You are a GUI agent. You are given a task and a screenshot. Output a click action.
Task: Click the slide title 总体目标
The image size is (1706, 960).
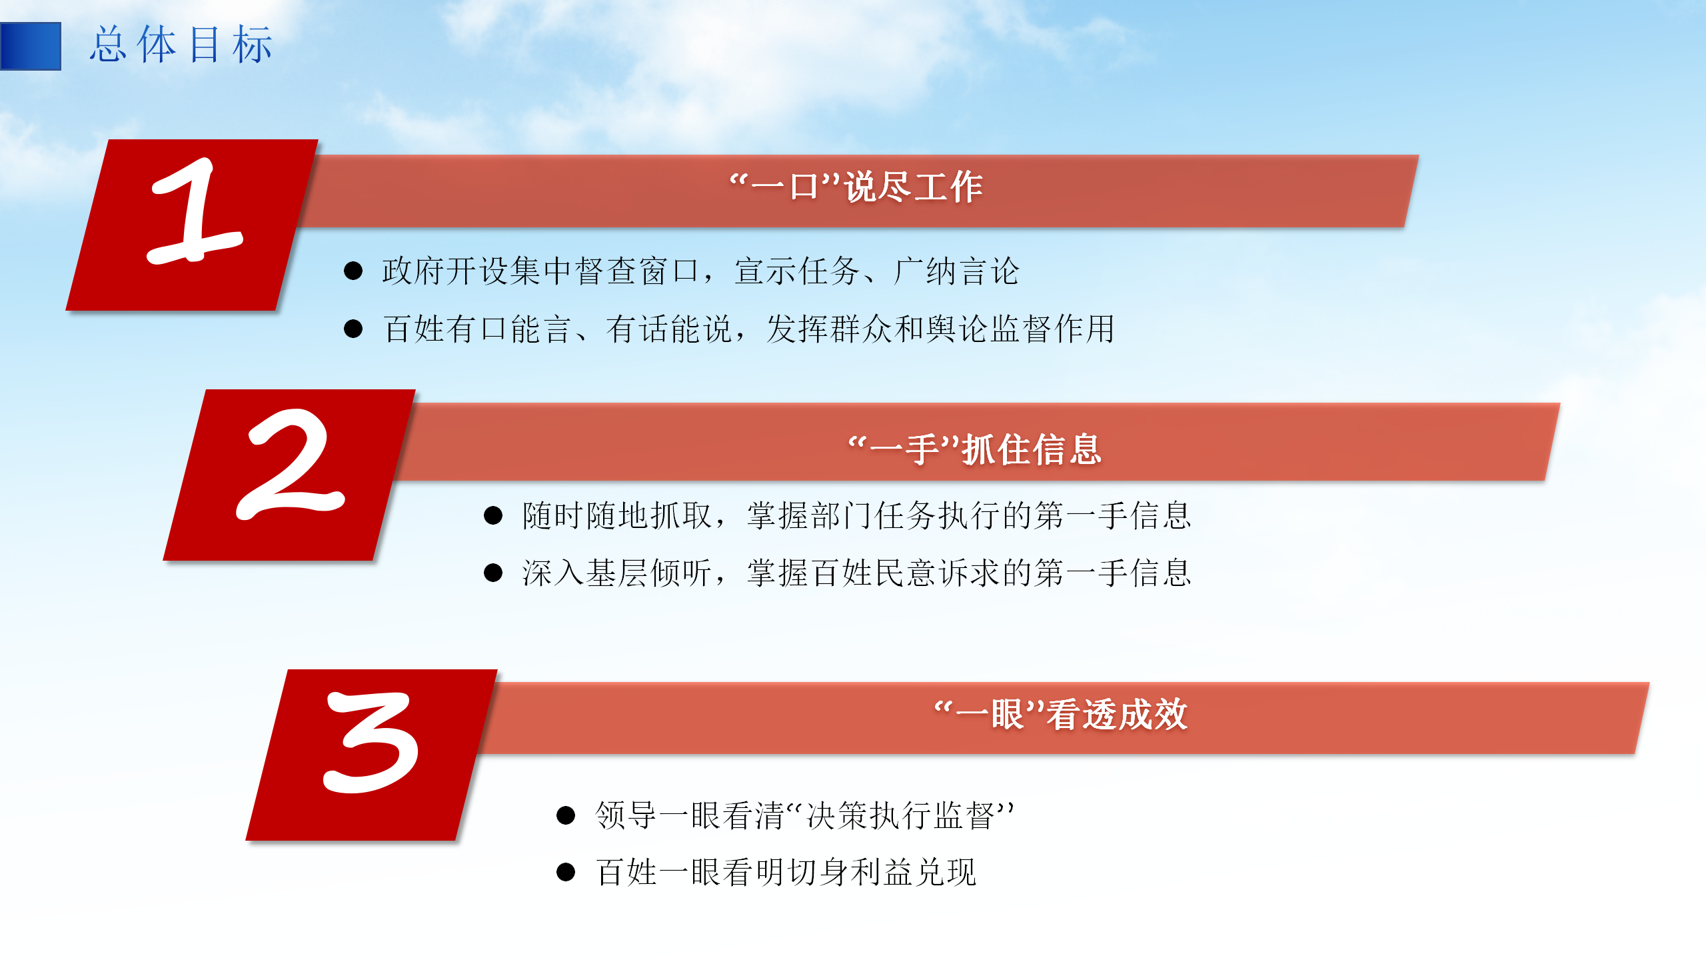pos(181,45)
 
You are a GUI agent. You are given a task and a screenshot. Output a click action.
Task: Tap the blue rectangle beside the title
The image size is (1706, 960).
pos(31,46)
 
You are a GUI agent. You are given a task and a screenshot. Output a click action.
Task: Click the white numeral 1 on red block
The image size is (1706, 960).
pos(194,212)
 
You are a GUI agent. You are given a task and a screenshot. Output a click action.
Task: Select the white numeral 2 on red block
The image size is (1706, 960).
pos(291,464)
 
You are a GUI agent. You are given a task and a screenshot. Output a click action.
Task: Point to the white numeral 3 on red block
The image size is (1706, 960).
pos(371,743)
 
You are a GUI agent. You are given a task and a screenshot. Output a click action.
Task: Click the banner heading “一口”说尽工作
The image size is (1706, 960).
pos(856,187)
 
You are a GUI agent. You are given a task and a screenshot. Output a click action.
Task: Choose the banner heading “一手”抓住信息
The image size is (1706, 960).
pos(974,449)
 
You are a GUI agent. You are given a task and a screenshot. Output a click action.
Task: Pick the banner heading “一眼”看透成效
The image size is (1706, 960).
pos(1061,714)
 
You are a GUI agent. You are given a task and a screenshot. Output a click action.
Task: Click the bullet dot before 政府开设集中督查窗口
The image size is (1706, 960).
pos(353,271)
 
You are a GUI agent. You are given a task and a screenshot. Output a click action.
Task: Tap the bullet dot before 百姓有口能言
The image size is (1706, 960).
pos(353,329)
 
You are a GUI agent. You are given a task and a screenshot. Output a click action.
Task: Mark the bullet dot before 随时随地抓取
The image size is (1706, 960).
pos(493,515)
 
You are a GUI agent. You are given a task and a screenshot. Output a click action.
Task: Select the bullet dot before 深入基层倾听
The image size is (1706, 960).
pos(493,573)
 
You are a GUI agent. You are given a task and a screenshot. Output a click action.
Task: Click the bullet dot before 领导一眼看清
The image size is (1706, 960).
pos(566,815)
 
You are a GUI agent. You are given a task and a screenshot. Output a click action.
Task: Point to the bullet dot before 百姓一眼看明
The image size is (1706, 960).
pos(566,872)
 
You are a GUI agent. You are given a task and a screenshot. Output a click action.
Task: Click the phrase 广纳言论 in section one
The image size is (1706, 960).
pos(956,271)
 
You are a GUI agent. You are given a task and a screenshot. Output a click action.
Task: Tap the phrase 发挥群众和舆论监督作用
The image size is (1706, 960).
pos(940,329)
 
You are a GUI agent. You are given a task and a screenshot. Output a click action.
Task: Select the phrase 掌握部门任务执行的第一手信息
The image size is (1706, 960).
pos(969,515)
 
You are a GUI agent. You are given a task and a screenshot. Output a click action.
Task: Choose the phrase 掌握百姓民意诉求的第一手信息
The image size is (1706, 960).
pos(969,573)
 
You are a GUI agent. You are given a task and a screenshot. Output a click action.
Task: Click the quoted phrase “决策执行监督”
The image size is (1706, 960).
pos(900,815)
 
